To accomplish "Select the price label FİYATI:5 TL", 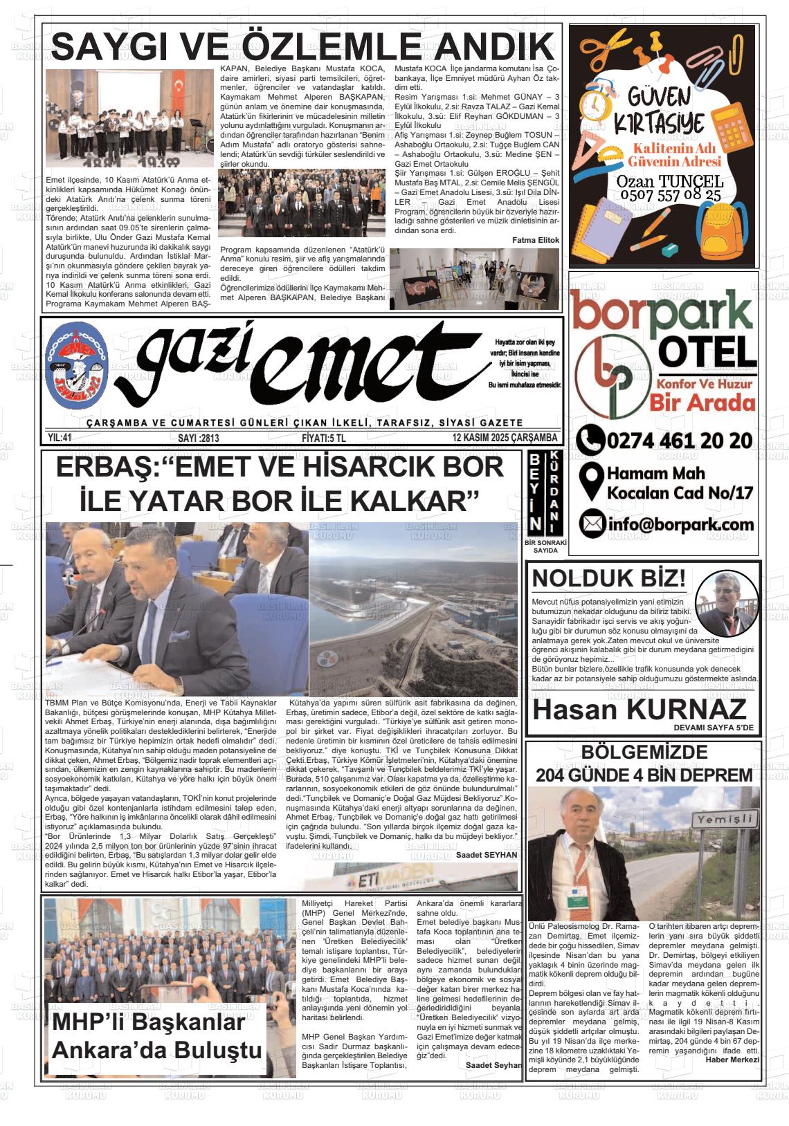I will coord(324,438).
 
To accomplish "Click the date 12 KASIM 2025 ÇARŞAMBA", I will coord(505,438).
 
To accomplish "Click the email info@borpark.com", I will coord(680,524).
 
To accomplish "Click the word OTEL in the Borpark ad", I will coord(707,352).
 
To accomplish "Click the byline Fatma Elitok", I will coord(536,240).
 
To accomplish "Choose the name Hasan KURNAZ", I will coord(640,710).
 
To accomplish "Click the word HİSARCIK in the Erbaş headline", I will coord(376,468).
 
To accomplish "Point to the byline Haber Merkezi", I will coord(732,1060).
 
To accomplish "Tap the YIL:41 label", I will coord(60,438).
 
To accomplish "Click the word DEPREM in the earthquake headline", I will coord(714,775).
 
